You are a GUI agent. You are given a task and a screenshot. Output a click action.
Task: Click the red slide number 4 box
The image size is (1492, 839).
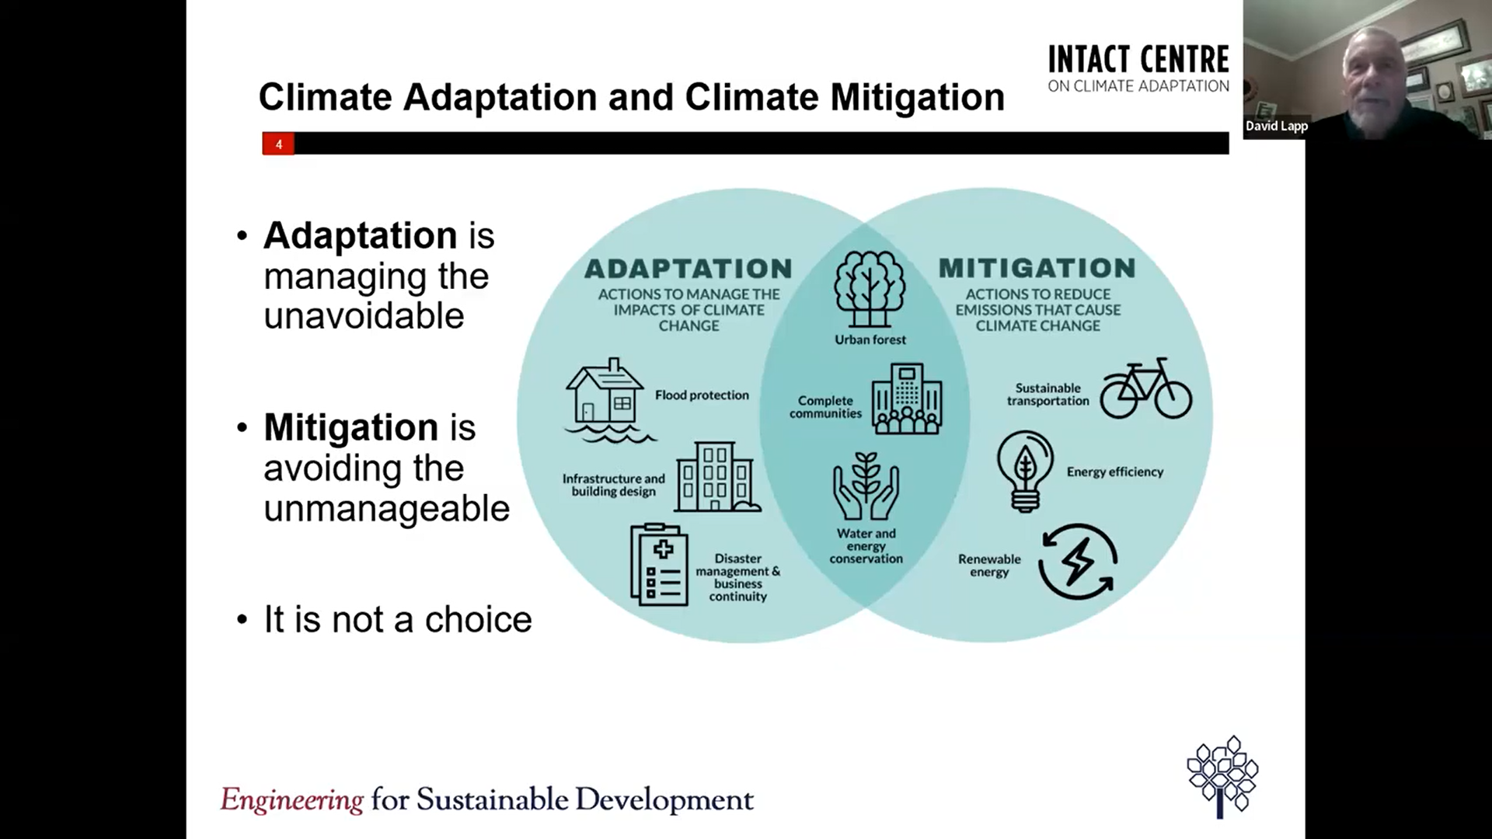pos(278,144)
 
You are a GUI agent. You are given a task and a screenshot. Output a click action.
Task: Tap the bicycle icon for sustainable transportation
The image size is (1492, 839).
pos(1145,389)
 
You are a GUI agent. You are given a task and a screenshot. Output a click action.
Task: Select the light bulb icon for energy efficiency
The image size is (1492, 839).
pos(1025,471)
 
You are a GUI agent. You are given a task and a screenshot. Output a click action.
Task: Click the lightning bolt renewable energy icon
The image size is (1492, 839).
pos(1078,561)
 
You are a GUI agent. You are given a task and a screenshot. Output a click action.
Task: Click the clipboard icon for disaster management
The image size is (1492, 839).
pos(659,565)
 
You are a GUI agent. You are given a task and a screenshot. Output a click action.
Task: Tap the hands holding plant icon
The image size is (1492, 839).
pos(866,487)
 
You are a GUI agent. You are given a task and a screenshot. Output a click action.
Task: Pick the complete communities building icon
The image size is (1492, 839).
pos(906,399)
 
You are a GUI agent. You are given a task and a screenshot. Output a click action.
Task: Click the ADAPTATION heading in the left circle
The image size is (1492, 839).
pos(688,269)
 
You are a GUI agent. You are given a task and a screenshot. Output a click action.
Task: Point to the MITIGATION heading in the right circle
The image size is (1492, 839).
pos(1037,268)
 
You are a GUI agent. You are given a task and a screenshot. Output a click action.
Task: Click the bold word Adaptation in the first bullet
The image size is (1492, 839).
pos(360,235)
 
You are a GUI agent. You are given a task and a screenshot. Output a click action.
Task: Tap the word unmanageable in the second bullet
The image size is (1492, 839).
pos(386,509)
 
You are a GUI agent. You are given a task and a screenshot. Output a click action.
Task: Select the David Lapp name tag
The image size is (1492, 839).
pos(1277,126)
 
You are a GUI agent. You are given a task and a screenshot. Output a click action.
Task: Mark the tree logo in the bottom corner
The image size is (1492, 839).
pos(1222,775)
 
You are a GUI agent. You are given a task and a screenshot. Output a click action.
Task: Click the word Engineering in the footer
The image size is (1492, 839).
pos(291,799)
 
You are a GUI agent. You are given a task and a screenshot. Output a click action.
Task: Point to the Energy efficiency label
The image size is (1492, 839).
pos(1114,472)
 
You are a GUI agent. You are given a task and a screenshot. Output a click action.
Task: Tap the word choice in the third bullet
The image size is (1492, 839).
pos(478,620)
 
